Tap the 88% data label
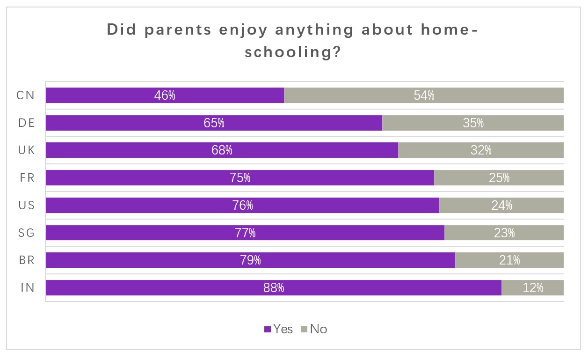274,288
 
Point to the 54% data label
424,96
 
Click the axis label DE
26,123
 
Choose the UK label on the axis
26,150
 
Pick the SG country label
26,233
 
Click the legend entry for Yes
279,329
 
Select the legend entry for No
314,329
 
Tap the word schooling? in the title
292,52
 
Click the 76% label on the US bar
243,206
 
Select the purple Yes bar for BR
140,260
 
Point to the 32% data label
481,150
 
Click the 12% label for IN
533,288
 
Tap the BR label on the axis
26,260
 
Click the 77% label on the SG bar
245,233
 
